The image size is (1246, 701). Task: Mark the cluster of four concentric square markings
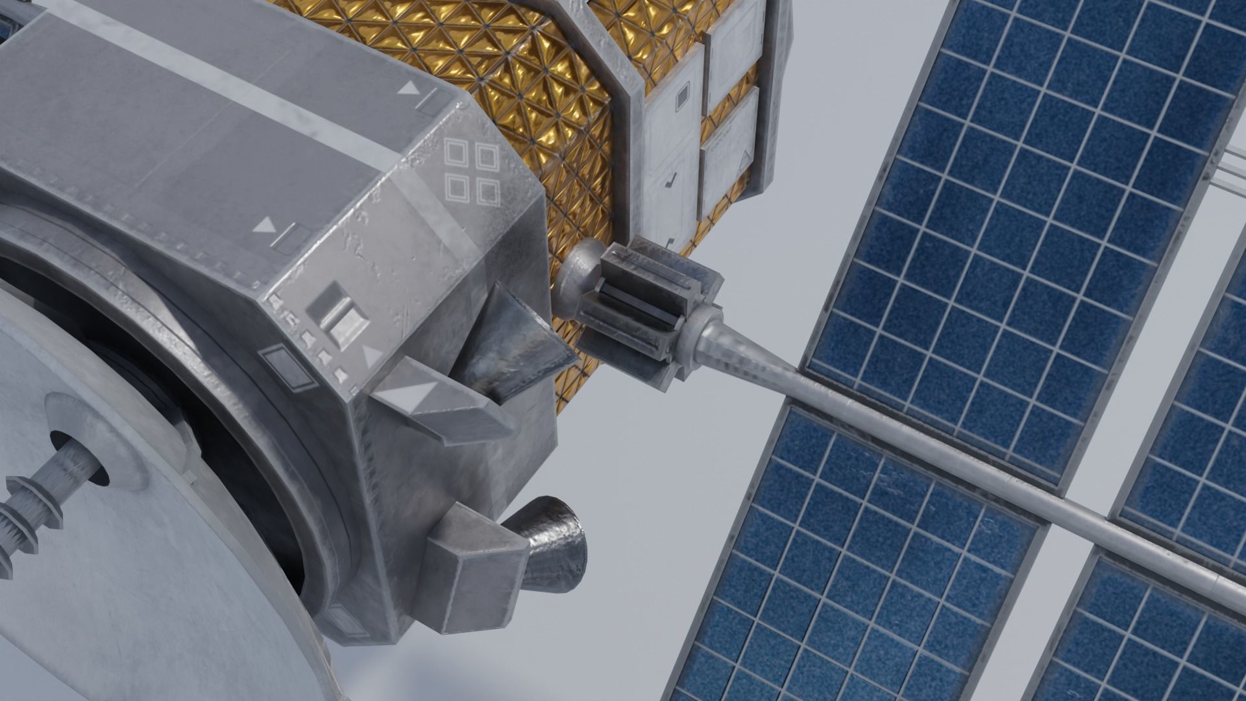pyautogui.click(x=472, y=171)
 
